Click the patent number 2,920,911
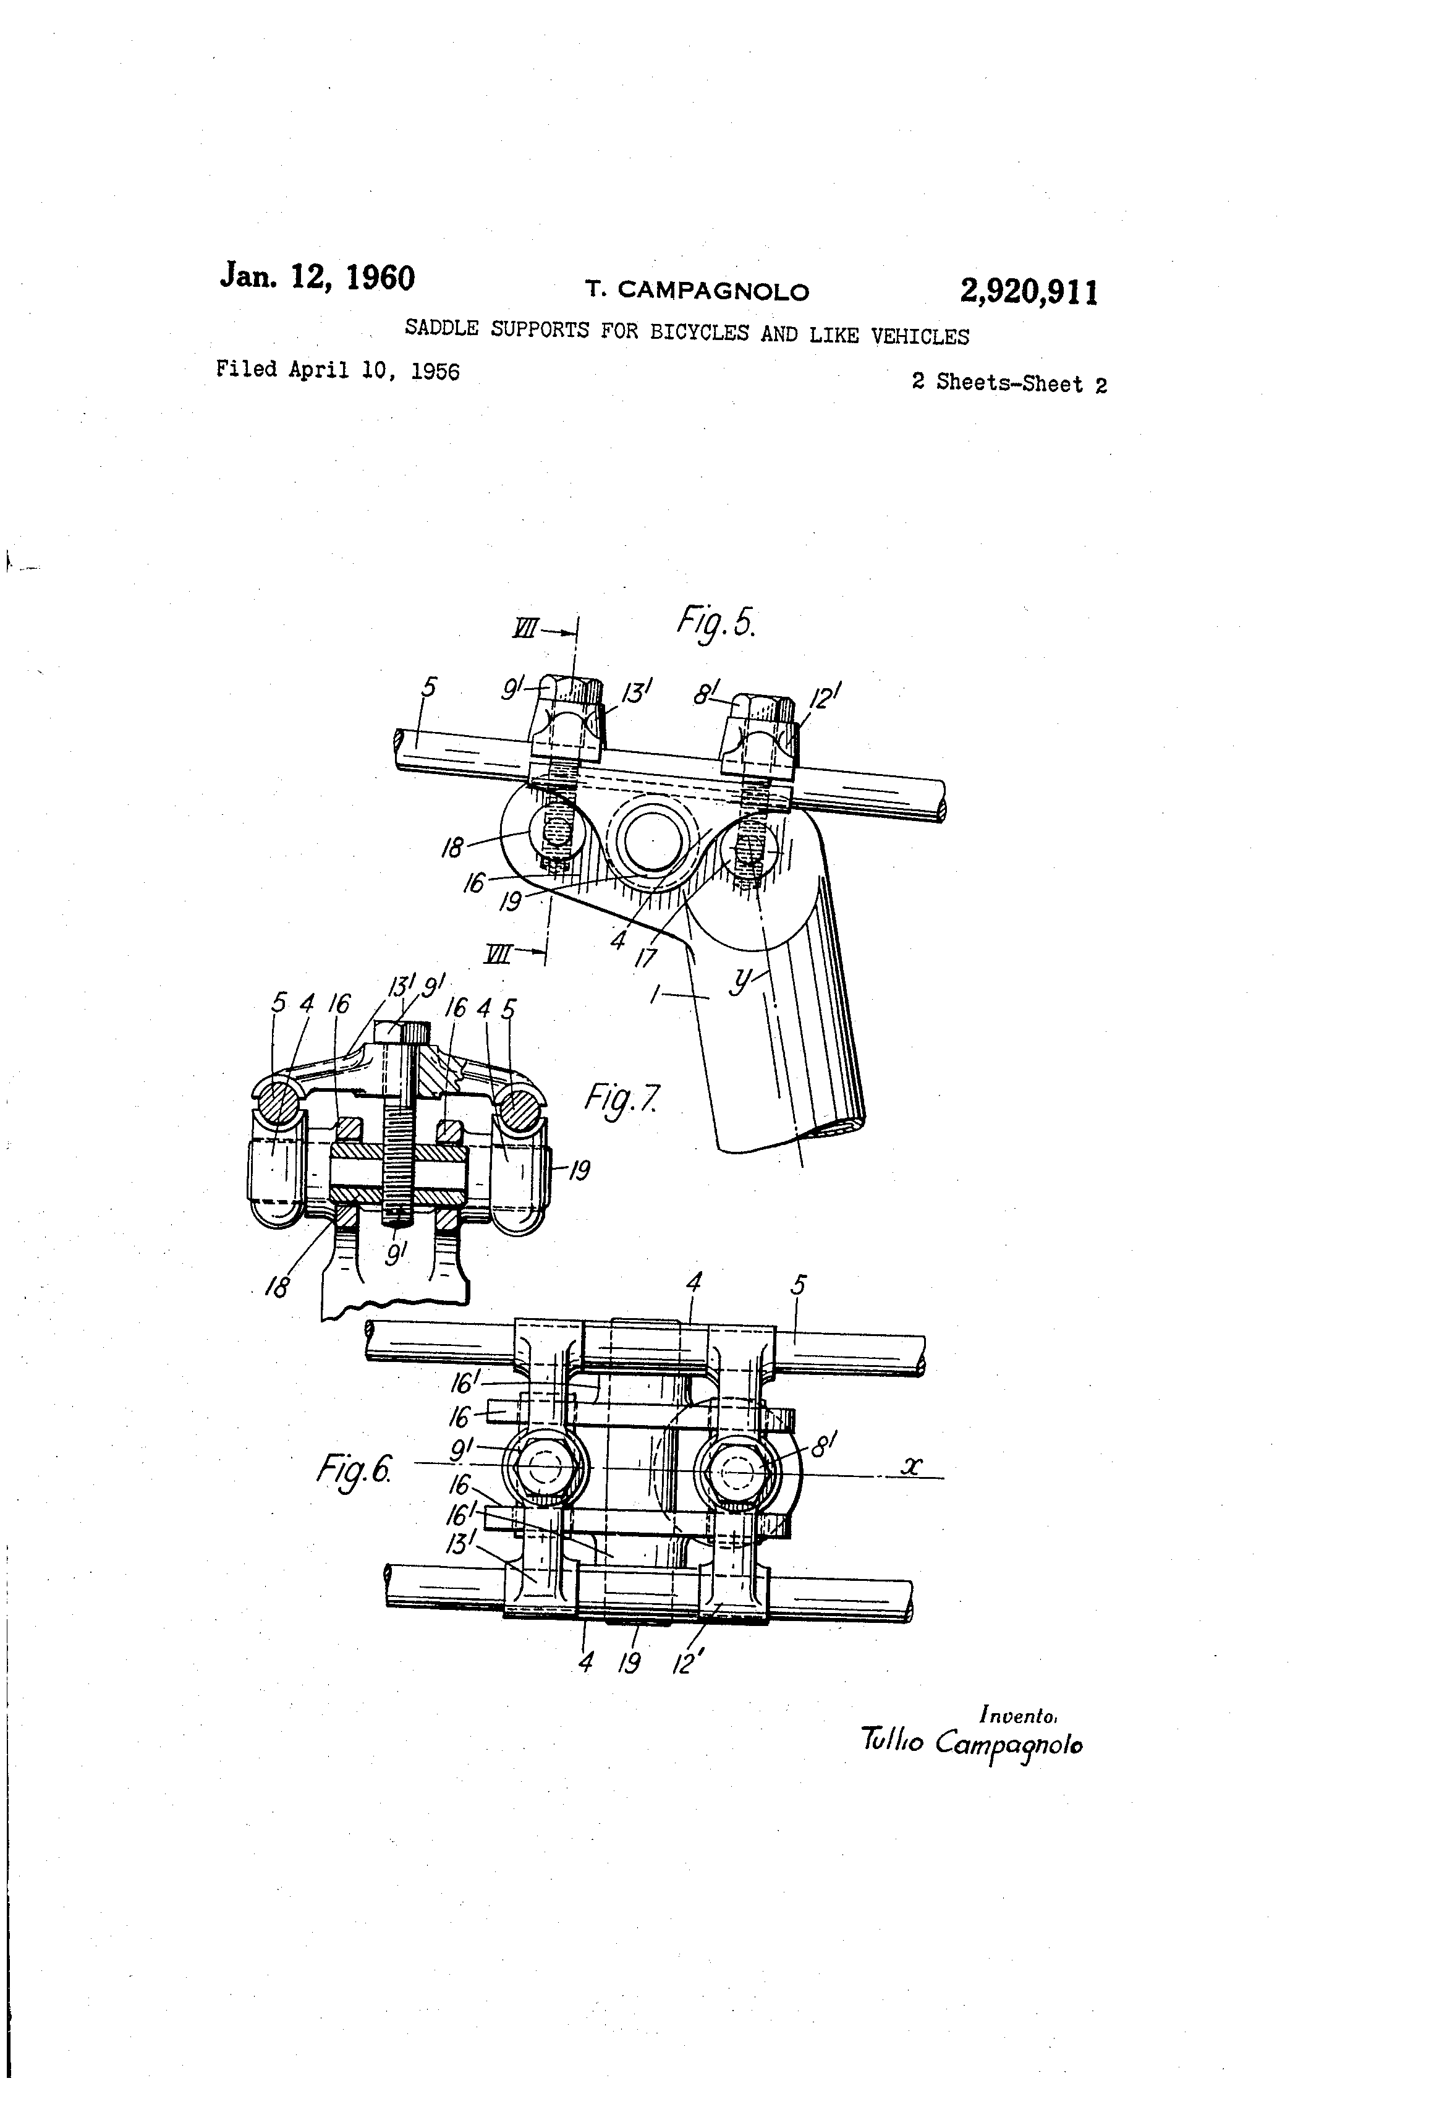click(1029, 293)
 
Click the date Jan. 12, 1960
click(317, 276)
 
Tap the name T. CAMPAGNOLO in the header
click(696, 291)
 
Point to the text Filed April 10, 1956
click(338, 370)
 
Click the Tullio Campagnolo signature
click(972, 1742)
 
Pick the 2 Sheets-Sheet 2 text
click(1009, 383)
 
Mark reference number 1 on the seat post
click(655, 995)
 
